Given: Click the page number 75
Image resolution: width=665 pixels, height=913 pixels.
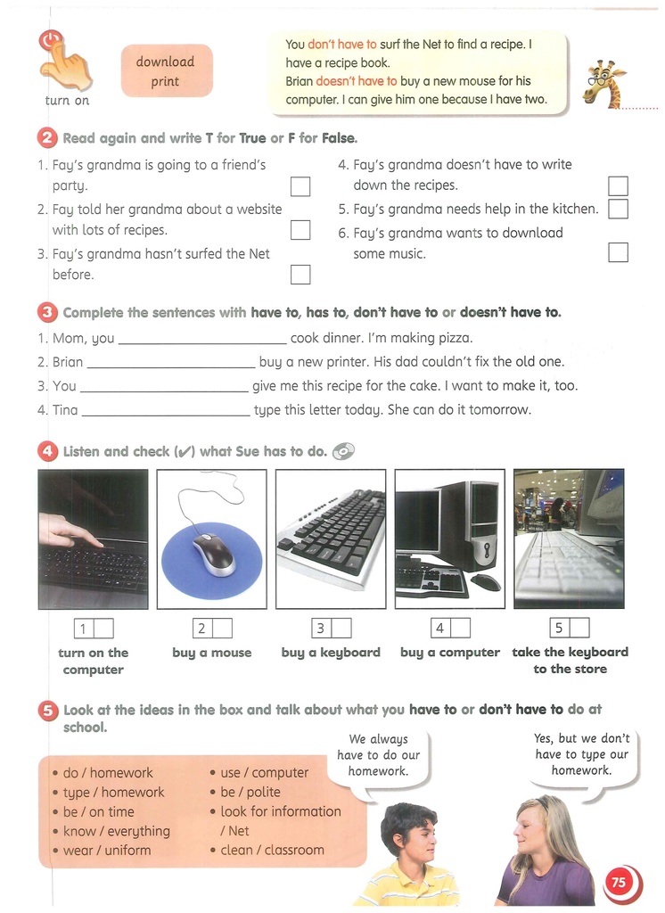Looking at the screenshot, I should [619, 883].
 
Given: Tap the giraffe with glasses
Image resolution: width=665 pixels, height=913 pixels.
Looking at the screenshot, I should [603, 84].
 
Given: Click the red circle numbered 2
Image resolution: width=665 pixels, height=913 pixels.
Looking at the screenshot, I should [47, 138].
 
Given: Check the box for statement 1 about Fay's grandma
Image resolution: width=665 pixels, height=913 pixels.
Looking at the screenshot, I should [300, 186].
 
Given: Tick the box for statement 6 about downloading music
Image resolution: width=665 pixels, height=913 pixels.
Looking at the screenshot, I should [618, 252].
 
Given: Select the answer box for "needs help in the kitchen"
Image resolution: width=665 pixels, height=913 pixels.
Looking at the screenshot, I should [618, 209].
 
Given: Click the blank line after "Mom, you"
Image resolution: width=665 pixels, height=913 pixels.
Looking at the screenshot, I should [202, 340].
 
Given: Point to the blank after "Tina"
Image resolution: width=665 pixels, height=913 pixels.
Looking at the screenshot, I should [165, 411].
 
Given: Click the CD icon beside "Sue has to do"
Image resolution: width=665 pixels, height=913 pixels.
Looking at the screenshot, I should [343, 452].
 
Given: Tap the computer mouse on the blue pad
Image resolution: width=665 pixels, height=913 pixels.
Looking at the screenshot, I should [212, 552].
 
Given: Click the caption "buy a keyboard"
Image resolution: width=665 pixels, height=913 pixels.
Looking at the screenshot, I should [331, 653].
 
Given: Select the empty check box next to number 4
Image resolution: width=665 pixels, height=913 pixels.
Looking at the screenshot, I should [460, 629].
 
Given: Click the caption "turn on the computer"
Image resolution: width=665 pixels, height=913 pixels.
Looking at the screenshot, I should [94, 661].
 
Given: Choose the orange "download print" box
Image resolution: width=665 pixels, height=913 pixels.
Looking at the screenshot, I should [166, 71].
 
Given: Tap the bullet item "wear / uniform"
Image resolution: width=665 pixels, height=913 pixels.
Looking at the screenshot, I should [106, 851].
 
